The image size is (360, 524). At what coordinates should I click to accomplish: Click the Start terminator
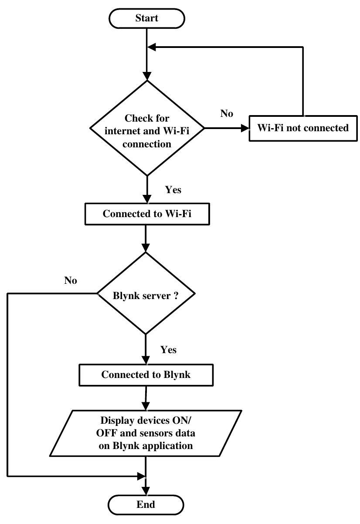pyautogui.click(x=146, y=18)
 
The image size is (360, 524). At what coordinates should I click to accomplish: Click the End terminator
pyautogui.click(x=146, y=505)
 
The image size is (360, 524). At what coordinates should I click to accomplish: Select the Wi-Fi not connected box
pyautogui.click(x=303, y=128)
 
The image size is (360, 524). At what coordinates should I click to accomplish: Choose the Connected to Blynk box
pyautogui.click(x=146, y=375)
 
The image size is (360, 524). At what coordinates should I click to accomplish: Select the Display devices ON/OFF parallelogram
pyautogui.click(x=146, y=433)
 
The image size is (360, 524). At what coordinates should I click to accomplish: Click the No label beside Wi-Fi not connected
pyautogui.click(x=227, y=114)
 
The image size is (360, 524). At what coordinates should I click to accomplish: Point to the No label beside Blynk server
pyautogui.click(x=71, y=281)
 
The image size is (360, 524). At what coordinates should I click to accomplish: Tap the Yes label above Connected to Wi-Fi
pyautogui.click(x=173, y=190)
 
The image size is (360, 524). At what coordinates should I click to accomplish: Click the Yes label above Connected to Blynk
pyautogui.click(x=169, y=350)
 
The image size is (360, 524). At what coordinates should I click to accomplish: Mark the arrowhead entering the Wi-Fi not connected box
pyautogui.click(x=245, y=128)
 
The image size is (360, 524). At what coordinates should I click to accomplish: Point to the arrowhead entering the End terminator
pyautogui.click(x=146, y=491)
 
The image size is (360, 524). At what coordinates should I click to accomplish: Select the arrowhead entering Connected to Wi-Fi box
pyautogui.click(x=147, y=200)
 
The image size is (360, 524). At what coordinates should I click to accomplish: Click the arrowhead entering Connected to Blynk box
pyautogui.click(x=146, y=361)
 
